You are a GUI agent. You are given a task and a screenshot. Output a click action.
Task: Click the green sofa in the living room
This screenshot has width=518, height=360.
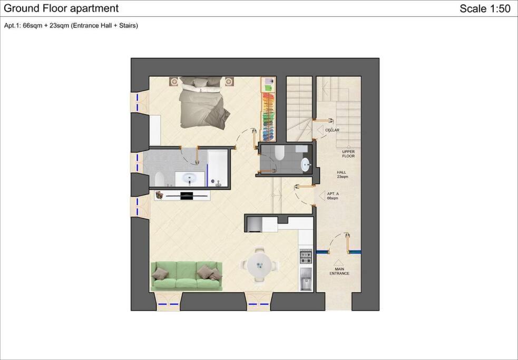coord(187,276)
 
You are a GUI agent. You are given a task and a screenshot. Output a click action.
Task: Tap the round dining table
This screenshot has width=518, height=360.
coord(260,265)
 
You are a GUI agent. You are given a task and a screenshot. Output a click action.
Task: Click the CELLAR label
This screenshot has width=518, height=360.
coord(332,130)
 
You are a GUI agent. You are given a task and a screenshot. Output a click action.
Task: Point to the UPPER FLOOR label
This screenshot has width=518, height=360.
coord(348,154)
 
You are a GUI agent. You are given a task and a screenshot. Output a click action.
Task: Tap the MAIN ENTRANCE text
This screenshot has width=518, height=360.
coord(339,271)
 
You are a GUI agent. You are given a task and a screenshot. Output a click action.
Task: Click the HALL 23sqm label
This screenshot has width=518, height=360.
coord(342,174)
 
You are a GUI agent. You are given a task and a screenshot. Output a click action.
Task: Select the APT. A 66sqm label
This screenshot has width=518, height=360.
coord(333,196)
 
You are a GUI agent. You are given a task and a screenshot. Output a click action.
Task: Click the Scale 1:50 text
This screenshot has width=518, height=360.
coord(485,8)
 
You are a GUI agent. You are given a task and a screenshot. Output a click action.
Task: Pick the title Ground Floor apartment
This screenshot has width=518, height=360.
coord(61,8)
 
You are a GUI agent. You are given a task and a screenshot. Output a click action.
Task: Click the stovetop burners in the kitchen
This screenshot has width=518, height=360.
coord(306,257)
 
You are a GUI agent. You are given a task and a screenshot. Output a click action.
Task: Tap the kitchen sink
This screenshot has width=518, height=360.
coord(306,279)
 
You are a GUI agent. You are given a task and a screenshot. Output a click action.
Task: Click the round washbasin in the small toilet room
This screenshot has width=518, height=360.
coord(306,165)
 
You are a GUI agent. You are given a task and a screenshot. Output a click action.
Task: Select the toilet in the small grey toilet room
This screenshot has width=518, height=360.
coord(279,153)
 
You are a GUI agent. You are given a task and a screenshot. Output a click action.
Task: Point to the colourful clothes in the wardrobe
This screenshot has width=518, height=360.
coord(268,116)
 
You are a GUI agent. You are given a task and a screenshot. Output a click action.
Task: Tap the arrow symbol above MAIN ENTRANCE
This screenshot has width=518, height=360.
coord(338,263)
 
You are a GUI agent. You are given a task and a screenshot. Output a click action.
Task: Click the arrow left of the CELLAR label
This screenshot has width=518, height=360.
coord(320,130)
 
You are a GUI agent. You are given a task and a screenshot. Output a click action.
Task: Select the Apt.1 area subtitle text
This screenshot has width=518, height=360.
coord(71,26)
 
